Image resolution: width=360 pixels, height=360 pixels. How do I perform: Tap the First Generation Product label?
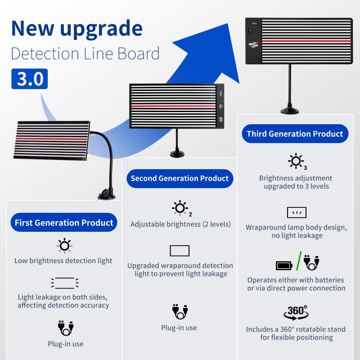tap(64, 223)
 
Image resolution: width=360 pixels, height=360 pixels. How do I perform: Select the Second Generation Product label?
tap(180, 178)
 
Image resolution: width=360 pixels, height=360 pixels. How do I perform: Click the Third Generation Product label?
tap(295, 134)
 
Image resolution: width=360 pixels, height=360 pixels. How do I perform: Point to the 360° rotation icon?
tap(296, 311)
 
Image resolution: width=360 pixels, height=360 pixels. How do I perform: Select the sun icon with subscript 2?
tap(180, 207)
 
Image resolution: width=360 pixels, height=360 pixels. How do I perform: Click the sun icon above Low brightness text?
tap(64, 245)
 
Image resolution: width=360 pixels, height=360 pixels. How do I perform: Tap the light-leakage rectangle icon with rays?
tap(65, 283)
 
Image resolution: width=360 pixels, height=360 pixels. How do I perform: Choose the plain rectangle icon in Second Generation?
tap(180, 251)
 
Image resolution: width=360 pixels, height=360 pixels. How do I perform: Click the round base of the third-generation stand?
tap(291, 110)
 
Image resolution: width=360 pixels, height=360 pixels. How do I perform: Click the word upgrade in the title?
tap(100, 28)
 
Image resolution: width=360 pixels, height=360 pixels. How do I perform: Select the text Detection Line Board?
tap(85, 54)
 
